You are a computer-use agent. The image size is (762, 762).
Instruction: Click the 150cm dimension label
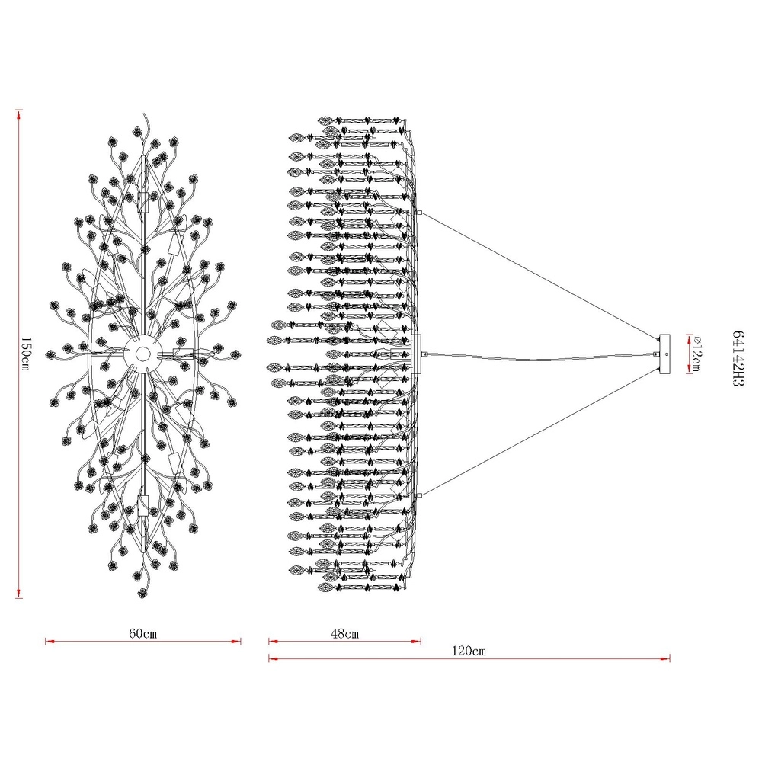coord(25,354)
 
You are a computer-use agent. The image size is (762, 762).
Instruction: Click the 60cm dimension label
coord(143,633)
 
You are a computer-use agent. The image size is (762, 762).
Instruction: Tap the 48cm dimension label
coord(344,633)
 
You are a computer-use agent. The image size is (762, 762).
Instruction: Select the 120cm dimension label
coord(469,651)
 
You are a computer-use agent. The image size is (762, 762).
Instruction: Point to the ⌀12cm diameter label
coord(696,354)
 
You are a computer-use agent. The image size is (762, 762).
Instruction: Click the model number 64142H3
coord(738,358)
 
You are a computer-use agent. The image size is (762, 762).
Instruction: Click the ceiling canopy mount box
coord(664,354)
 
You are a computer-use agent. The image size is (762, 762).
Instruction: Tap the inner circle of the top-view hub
coord(142,354)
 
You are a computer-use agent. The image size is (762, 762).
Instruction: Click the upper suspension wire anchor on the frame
coord(419,213)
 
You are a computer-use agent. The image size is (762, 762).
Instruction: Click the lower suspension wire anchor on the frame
coord(419,495)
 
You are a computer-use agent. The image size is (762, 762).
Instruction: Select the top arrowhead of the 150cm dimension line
coord(19,115)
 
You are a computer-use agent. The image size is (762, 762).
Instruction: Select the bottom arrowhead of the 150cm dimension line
coord(19,593)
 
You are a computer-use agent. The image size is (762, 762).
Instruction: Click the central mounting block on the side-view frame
coord(416,354)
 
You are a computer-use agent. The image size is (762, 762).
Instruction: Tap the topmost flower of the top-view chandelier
coord(137,131)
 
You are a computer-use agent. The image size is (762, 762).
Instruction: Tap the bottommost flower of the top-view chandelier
coord(142,593)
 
